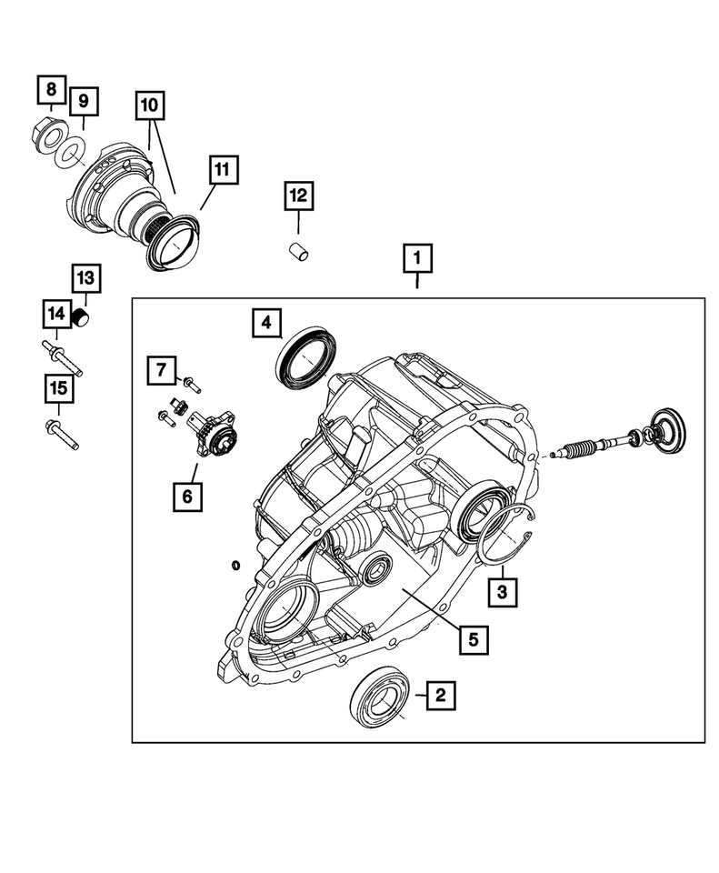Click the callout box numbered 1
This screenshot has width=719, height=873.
click(417, 259)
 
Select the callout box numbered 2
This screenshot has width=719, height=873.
click(440, 696)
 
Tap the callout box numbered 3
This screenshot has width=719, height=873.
click(502, 593)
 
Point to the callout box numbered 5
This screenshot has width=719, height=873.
click(474, 639)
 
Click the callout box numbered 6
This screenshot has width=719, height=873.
click(189, 496)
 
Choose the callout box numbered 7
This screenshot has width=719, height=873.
click(160, 370)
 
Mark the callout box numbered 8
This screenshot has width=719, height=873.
click(51, 89)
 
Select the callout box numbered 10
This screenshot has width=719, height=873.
click(151, 105)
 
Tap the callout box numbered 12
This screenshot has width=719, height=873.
click(299, 195)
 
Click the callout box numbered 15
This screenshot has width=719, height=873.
click(57, 388)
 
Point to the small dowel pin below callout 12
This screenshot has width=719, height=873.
click(297, 251)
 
